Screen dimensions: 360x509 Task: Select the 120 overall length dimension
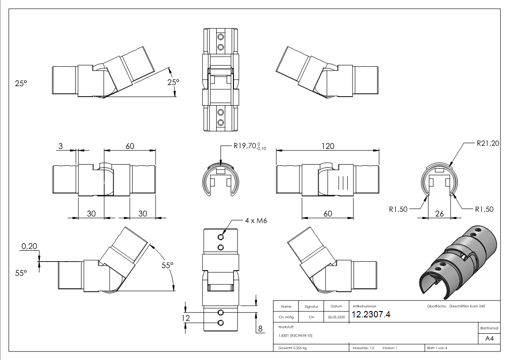(x=328, y=146)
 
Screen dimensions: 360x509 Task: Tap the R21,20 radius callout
(x=488, y=144)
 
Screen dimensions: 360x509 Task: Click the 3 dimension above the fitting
(x=60, y=146)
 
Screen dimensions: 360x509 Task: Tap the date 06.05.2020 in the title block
(x=336, y=317)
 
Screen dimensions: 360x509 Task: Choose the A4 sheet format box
(x=489, y=339)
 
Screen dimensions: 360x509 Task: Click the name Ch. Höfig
(x=286, y=317)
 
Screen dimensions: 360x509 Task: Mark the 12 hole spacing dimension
(x=185, y=318)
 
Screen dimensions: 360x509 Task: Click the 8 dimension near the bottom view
(x=260, y=329)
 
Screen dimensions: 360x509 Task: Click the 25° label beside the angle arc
(x=173, y=82)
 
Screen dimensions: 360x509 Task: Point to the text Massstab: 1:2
(x=363, y=348)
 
